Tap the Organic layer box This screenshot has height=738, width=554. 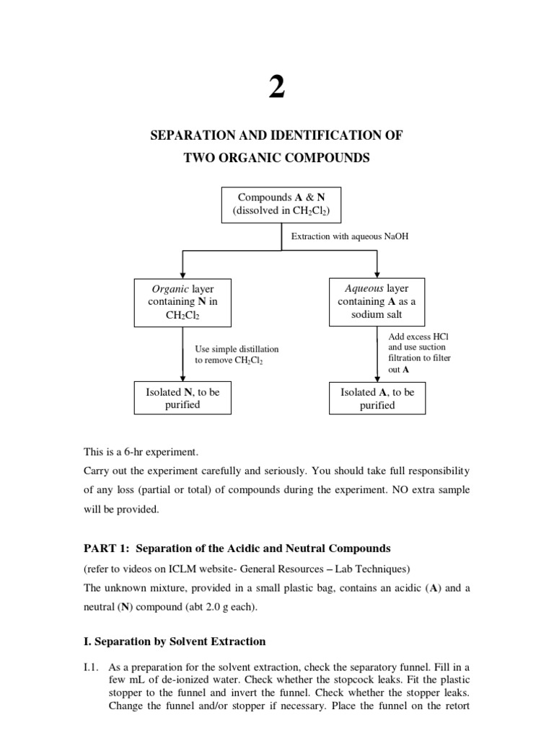183,302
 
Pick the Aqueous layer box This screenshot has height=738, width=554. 377,301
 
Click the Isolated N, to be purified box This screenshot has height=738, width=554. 183,399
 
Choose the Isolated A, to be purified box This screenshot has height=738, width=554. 377,399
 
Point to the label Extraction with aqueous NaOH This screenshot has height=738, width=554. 349,236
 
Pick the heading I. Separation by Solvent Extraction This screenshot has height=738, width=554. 175,641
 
